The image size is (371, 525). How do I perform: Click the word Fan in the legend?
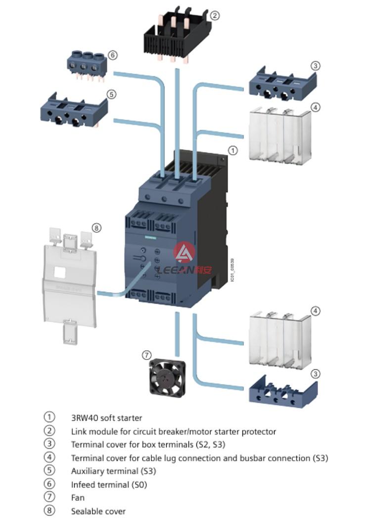(78, 498)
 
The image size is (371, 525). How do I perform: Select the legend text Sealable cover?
(98, 511)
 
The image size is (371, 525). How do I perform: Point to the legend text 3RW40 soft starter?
(106, 418)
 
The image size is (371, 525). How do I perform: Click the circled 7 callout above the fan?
(146, 354)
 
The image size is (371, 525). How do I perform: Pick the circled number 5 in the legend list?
(49, 471)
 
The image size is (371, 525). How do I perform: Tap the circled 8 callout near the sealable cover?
(96, 227)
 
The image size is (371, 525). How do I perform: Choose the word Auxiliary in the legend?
(88, 471)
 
